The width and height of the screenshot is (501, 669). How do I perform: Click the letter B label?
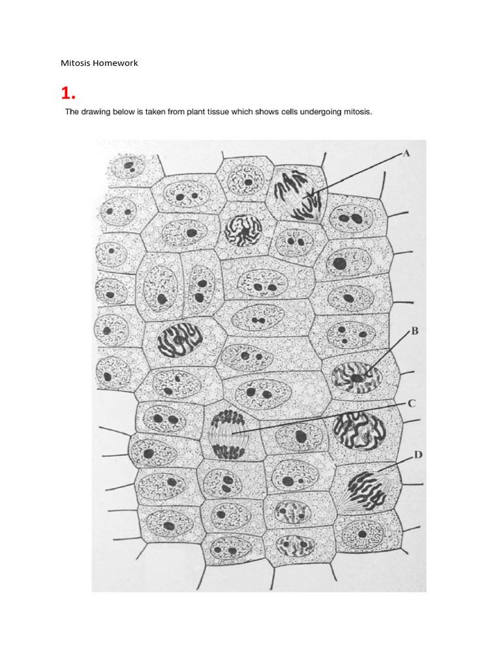pyautogui.click(x=413, y=331)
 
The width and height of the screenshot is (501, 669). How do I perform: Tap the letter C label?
pyautogui.click(x=411, y=404)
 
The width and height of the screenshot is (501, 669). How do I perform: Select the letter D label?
pyautogui.click(x=417, y=454)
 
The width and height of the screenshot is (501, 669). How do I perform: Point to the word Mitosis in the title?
pyautogui.click(x=74, y=63)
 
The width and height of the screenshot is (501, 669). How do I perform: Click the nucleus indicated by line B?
pyautogui.click(x=357, y=378)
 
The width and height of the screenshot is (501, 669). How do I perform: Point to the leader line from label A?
pyautogui.click(x=359, y=172)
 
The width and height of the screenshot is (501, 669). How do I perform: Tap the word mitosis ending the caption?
pyautogui.click(x=357, y=112)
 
